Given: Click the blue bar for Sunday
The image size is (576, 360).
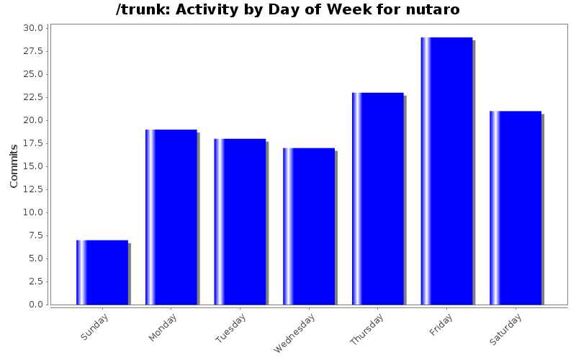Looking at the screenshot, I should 102,272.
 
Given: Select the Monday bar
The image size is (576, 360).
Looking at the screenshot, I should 171,217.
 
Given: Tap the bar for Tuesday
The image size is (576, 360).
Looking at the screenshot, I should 240,222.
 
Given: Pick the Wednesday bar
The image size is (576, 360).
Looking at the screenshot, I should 309,226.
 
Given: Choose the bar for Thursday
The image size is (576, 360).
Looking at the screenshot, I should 378,199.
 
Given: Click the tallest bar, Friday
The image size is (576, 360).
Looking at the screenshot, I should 446,171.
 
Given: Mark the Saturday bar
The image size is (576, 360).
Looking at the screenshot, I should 516,208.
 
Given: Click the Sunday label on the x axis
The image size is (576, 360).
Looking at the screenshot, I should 95,327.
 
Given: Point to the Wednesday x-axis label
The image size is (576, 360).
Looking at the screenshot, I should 294,333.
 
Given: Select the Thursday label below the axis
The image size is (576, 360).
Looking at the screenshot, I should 366,329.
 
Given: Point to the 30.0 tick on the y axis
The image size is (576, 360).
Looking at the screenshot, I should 32,28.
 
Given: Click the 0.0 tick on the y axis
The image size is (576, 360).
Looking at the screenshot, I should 35,305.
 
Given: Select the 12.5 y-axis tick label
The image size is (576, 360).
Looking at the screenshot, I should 32,212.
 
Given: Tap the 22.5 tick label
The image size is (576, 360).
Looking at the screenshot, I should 32,97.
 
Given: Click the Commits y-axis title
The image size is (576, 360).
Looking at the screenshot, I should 14,166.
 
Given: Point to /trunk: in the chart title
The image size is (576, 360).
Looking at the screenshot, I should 141,10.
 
